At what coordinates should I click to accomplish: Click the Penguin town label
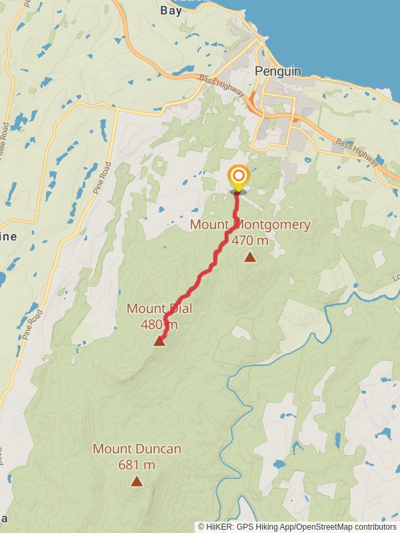tap(278, 71)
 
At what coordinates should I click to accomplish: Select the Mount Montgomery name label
tap(250, 225)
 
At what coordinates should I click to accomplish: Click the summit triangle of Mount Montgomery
tap(249, 257)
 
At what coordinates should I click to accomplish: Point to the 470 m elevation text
tap(250, 241)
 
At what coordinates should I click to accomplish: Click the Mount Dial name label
tap(159, 308)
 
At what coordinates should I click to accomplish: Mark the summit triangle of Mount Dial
tap(159, 341)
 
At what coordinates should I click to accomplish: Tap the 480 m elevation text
tap(159, 324)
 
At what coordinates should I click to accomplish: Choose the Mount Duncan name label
tap(137, 449)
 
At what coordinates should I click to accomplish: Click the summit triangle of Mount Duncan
tap(137, 481)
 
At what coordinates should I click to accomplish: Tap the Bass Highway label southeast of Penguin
tap(358, 153)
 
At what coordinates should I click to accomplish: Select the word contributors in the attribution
tap(374, 527)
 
